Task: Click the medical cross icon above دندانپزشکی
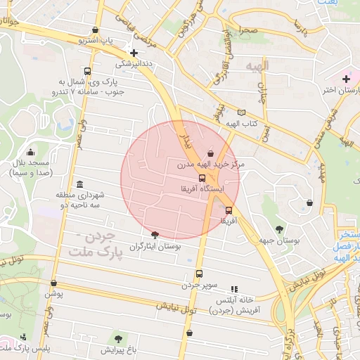[x=134, y=53]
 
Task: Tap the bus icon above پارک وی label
[x=87, y=71]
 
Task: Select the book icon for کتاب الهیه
[x=242, y=112]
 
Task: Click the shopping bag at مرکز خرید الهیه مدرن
[x=212, y=153]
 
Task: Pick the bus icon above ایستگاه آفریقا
[x=202, y=178]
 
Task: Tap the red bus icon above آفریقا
[x=229, y=210]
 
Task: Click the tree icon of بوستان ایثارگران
[x=155, y=235]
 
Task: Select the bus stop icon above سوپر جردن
[x=199, y=274]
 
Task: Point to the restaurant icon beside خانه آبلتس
[x=234, y=288]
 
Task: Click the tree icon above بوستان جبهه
[x=279, y=229]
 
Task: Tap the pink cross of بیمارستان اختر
[x=346, y=78]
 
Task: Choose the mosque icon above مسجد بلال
[x=30, y=152]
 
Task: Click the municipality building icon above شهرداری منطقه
[x=79, y=183]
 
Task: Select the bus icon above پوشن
[x=53, y=283]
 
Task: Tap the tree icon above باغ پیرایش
[x=117, y=338]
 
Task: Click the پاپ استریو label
[x=96, y=41]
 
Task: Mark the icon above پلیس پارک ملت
[x=23, y=337]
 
